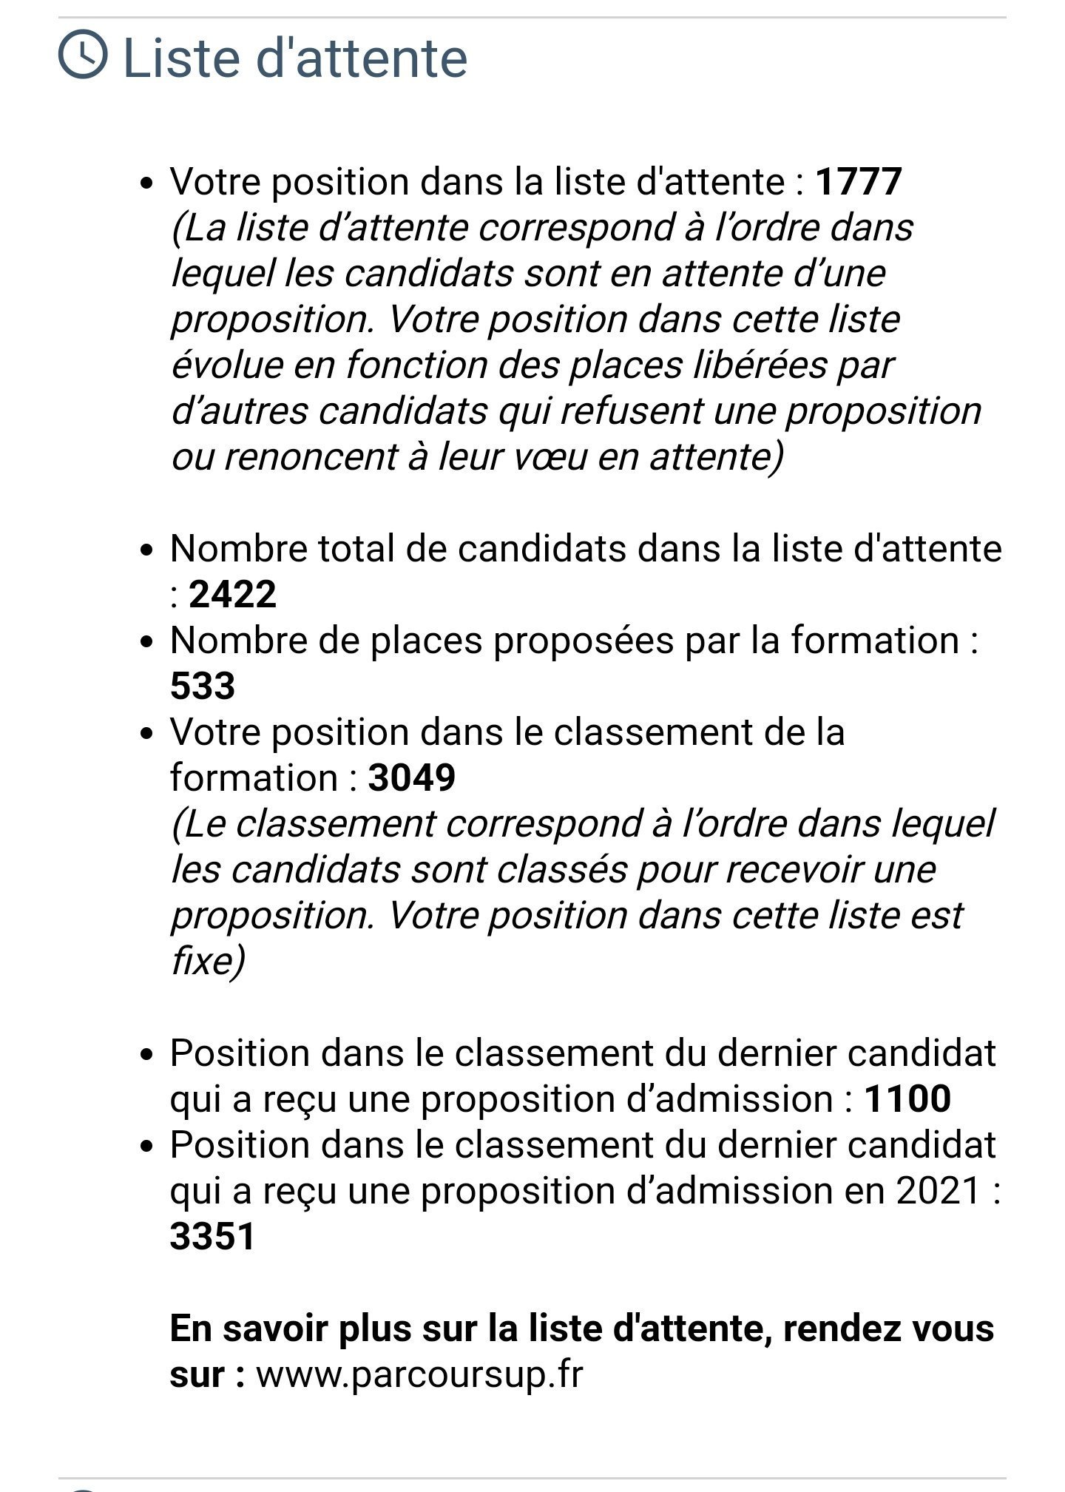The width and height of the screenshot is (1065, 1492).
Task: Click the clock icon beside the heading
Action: (82, 53)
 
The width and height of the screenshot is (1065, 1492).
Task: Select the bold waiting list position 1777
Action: (858, 181)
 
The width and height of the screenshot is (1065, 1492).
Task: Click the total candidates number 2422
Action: (232, 594)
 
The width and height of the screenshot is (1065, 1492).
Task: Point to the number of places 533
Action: (202, 686)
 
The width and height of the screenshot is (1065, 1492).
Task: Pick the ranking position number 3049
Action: (411, 777)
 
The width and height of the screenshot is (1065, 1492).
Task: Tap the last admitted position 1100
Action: (907, 1098)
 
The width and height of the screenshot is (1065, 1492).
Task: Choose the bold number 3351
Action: (212, 1236)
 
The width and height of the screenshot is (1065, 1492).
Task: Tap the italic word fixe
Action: (202, 961)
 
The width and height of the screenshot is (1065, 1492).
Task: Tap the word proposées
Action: (583, 640)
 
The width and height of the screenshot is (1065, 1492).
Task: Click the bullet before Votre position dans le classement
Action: (148, 733)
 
